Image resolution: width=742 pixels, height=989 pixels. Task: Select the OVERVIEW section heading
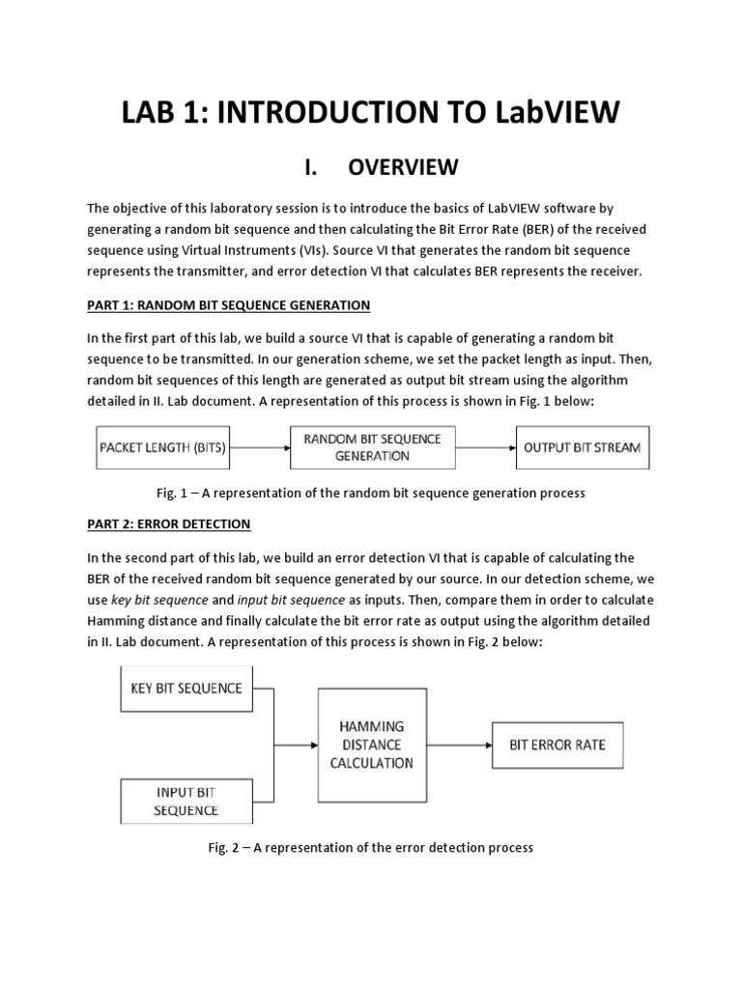coord(403,167)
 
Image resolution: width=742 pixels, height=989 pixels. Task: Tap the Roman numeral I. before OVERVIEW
coord(310,167)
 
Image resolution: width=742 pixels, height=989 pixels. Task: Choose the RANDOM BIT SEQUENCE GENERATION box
coord(372,447)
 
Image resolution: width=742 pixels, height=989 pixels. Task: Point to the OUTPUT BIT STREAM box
coord(580,447)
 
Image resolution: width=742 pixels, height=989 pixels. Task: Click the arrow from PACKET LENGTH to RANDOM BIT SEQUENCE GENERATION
coord(262,447)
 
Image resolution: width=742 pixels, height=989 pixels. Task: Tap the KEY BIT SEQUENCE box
coord(186,689)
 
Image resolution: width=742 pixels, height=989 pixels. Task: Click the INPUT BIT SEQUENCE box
coord(186,802)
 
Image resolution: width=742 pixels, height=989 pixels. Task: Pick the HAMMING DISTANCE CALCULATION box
coord(372,745)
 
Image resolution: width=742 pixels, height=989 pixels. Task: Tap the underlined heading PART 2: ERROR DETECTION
coord(169,523)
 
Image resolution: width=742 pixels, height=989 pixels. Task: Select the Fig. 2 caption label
coord(229,847)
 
